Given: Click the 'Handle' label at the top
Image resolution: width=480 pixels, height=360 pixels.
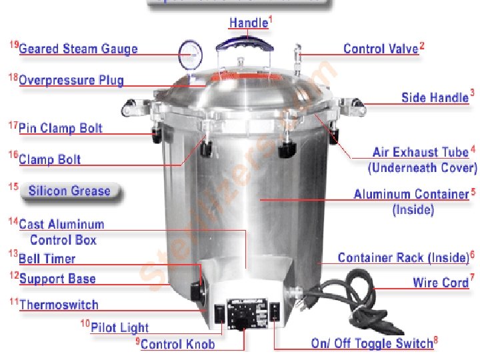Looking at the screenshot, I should [x=248, y=23].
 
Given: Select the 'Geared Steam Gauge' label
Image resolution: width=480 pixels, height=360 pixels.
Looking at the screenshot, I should [x=78, y=49].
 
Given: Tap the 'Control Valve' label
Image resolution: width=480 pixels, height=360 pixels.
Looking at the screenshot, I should [x=380, y=49].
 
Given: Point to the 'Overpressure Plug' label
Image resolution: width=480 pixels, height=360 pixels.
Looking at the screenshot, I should [x=71, y=80].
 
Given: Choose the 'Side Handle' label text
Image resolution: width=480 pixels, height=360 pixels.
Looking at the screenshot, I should [x=435, y=97].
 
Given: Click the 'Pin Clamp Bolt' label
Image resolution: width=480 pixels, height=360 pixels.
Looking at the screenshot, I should [x=61, y=128].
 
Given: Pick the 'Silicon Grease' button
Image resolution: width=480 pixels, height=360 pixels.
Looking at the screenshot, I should [x=69, y=191].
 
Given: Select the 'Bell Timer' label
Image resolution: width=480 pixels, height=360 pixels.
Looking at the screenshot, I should [x=47, y=259].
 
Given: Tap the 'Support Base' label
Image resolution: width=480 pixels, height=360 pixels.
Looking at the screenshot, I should [x=57, y=279].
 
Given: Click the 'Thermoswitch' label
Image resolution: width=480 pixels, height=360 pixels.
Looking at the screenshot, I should [x=59, y=305].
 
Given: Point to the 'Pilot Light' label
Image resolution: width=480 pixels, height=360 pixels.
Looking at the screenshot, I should [x=119, y=327].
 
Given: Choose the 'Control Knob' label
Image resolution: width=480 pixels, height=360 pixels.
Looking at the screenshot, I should [x=177, y=344].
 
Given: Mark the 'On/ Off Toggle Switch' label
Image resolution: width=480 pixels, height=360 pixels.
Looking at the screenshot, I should [x=371, y=344].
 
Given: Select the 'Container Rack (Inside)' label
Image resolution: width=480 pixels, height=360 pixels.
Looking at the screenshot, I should [x=403, y=257].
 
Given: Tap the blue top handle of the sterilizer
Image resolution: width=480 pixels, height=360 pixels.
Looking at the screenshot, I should [x=247, y=43].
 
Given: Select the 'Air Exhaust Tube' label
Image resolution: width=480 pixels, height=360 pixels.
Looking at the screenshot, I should [x=420, y=153].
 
